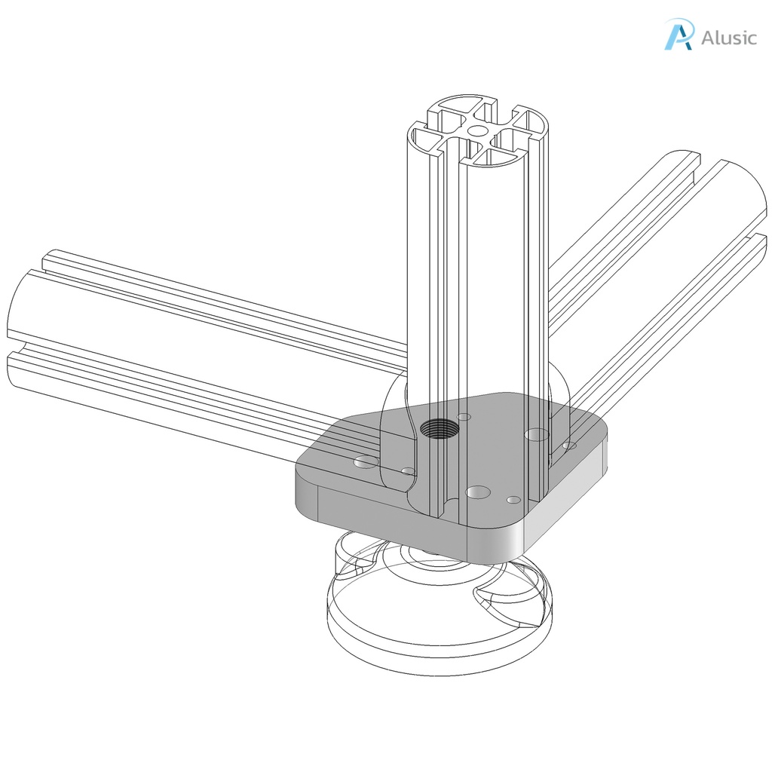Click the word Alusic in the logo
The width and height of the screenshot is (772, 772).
[x=728, y=38]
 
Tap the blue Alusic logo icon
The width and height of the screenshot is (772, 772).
[x=678, y=35]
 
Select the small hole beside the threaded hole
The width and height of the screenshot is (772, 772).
[x=464, y=417]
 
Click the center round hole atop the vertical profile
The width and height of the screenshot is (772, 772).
[x=476, y=130]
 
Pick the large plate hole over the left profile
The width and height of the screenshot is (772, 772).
[x=366, y=461]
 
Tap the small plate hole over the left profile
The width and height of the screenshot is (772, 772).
[x=408, y=472]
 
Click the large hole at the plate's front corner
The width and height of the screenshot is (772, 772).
[x=478, y=492]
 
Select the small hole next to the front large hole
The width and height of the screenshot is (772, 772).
[x=513, y=500]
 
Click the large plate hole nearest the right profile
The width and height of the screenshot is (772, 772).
[x=537, y=434]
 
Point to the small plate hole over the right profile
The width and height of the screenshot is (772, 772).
[x=570, y=446]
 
